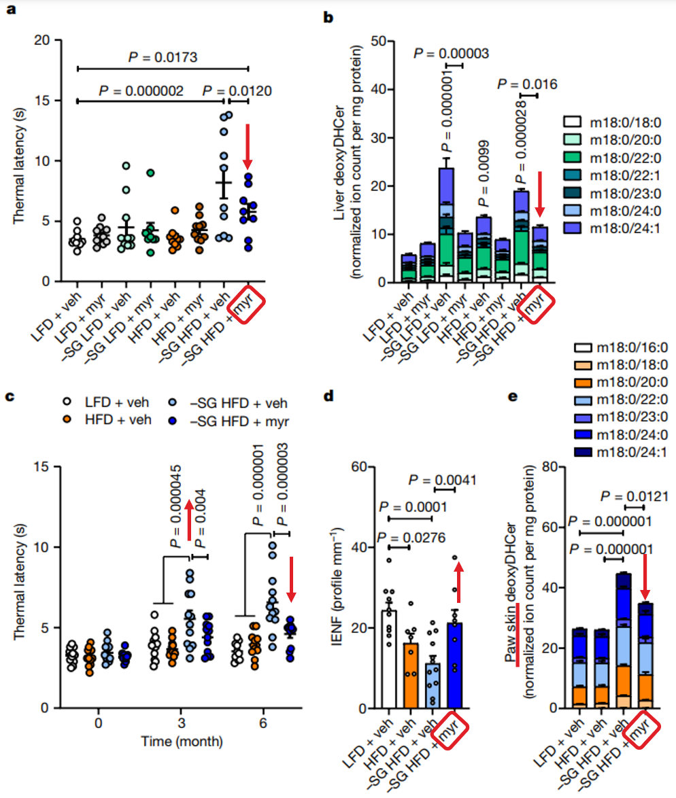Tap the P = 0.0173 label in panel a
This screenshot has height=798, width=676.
[163, 57]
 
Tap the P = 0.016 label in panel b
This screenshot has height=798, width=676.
[527, 84]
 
